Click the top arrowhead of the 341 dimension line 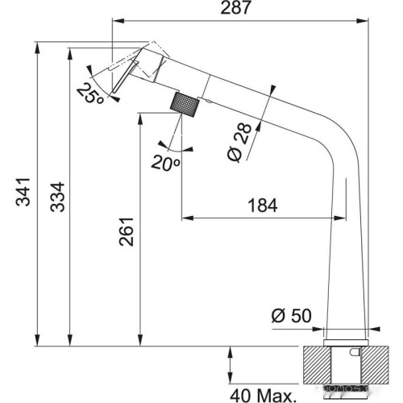(x=38, y=45)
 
